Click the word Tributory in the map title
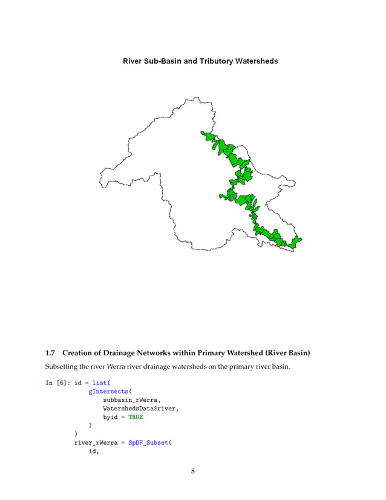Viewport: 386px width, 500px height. pyautogui.click(x=214, y=61)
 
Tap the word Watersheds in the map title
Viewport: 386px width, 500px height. pyautogui.click(x=257, y=61)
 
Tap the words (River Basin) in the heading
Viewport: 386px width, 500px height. pyautogui.click(x=284, y=353)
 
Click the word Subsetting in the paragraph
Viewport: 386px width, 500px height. pyautogui.click(x=62, y=367)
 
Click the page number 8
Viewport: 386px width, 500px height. pyautogui.click(x=192, y=472)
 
